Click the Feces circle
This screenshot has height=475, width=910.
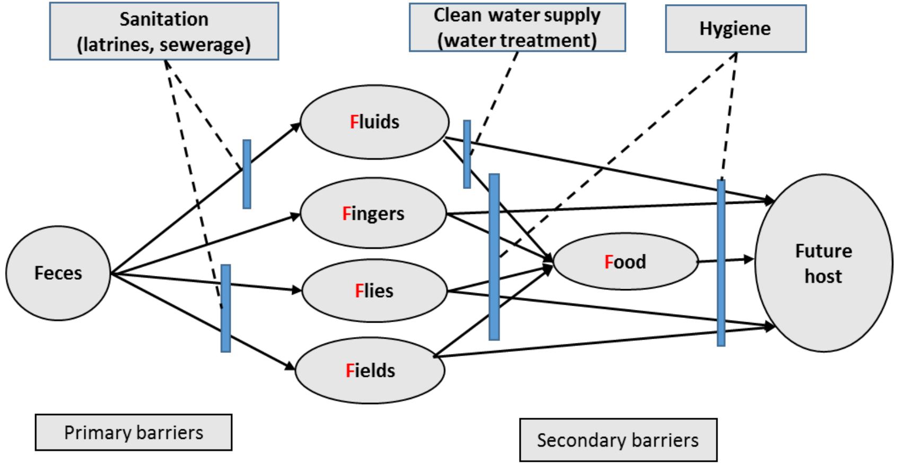point(58,273)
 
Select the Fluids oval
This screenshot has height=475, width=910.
point(374,122)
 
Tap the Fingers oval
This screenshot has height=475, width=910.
point(373,213)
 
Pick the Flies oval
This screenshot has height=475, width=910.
point(374,291)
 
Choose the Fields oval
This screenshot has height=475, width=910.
point(370,370)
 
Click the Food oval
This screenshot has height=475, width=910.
point(626,262)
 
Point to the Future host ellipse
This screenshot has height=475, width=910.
point(823,263)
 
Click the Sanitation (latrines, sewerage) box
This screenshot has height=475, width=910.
point(164,31)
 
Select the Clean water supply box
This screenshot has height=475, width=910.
point(517,28)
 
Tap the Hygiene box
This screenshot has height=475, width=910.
point(736,29)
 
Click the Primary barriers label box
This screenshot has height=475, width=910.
point(134,433)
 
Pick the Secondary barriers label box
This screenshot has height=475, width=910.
point(618,440)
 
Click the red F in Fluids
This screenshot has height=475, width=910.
point(354,122)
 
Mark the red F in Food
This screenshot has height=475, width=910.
point(609,262)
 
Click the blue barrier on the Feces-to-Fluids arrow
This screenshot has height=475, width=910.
point(247,174)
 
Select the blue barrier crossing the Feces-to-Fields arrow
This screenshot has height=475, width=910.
point(225,308)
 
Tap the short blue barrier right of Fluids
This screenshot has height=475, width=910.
point(467,154)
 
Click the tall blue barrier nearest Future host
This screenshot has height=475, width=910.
point(721,263)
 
